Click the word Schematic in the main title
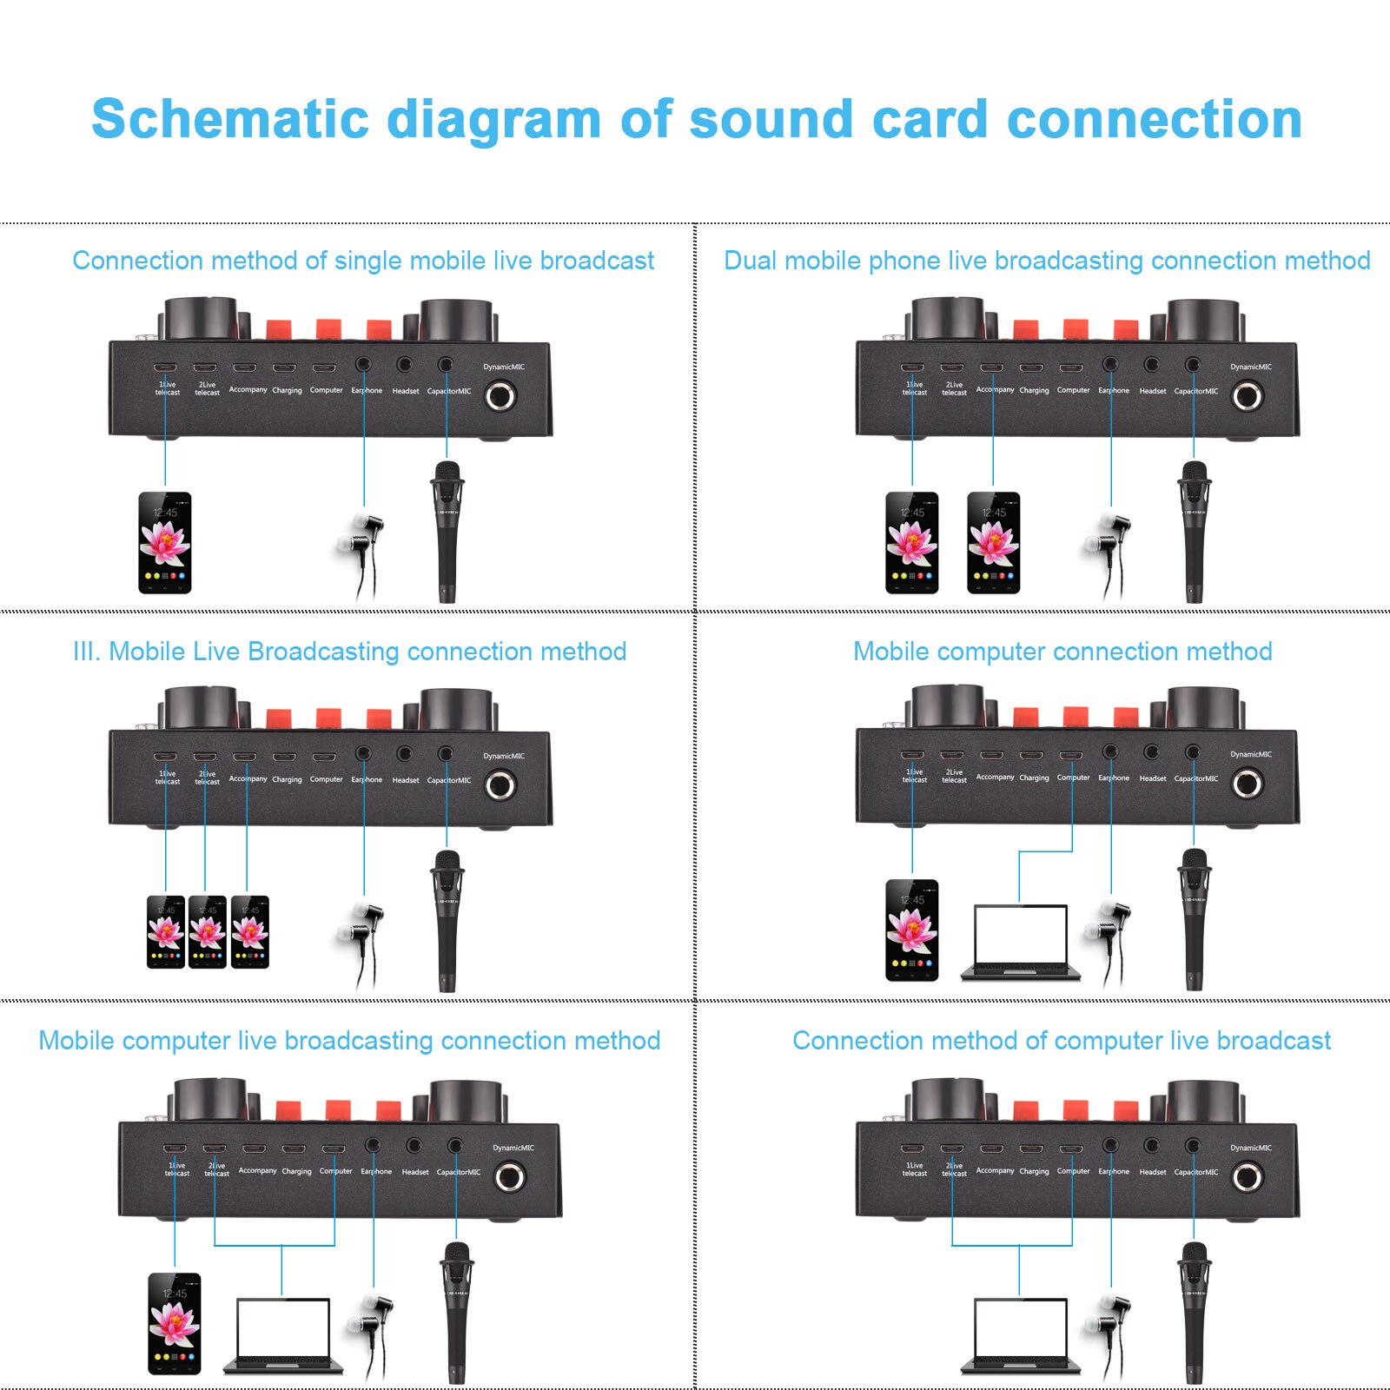230,119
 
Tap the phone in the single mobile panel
165,543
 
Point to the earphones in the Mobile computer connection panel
1107,943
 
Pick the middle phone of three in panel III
208,932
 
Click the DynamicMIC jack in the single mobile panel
500,397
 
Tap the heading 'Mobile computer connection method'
1062,652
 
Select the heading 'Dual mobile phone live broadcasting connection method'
1046,261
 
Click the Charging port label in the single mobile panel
287,391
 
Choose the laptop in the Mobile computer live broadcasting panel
283,1336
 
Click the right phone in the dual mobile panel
993,543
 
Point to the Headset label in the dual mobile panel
1153,391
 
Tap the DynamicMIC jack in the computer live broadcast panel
1248,1178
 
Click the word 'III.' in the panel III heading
87,652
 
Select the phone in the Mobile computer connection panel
911,930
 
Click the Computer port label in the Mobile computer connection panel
1073,778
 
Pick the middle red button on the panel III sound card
328,719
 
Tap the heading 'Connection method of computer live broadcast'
1061,1041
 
